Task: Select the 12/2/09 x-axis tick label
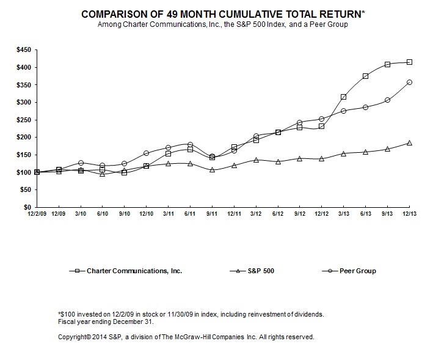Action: (37, 214)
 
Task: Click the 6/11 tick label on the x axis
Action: (191, 214)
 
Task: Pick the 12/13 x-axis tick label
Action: (409, 214)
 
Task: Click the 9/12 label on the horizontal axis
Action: (299, 214)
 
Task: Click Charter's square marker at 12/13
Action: (409, 62)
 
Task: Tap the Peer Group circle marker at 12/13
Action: (409, 82)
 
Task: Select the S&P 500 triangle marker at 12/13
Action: (409, 143)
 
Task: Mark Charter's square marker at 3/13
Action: (344, 97)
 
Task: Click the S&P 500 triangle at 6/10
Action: (103, 174)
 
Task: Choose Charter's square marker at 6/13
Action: (365, 76)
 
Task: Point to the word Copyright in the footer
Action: (73, 337)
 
